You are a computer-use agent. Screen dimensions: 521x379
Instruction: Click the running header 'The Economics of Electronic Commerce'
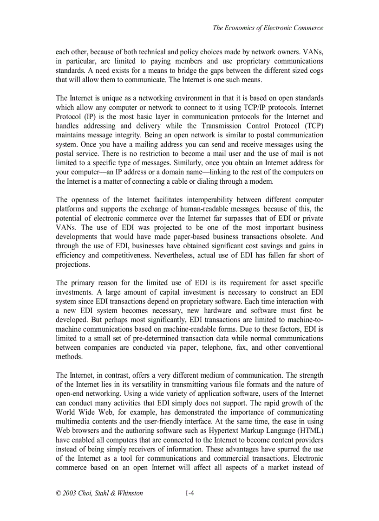(x=268, y=28)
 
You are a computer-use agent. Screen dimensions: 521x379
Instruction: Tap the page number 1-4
(x=189, y=494)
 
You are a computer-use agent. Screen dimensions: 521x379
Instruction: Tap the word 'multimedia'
(x=72, y=421)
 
